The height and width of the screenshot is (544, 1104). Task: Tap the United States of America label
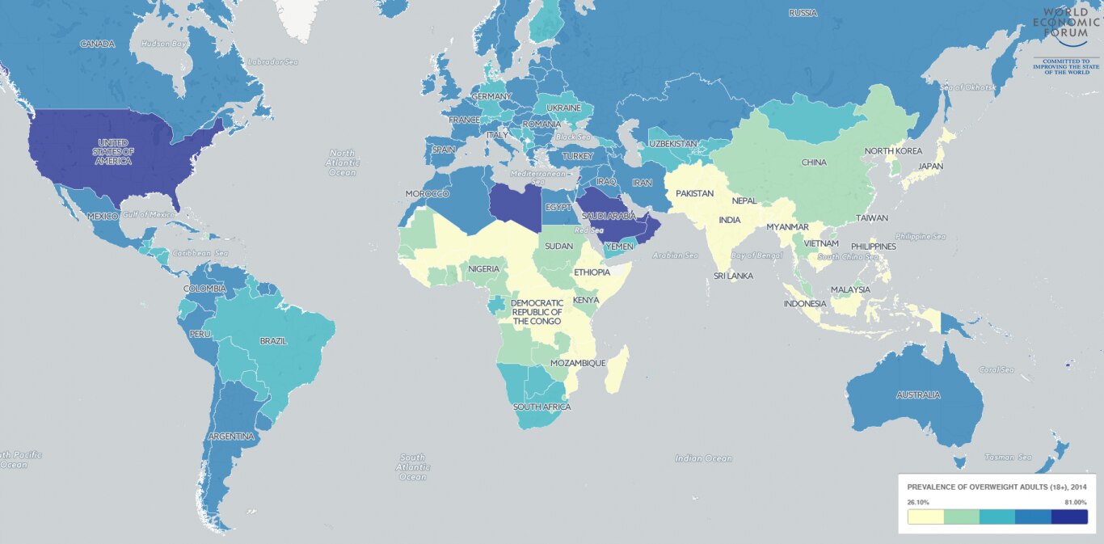coord(112,152)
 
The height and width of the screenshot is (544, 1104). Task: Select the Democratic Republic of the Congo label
coord(536,312)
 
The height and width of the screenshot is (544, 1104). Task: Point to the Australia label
coord(917,395)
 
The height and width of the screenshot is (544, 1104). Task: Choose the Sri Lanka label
coord(733,276)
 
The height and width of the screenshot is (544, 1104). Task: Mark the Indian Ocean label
coord(703,458)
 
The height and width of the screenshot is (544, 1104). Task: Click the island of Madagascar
coord(616,369)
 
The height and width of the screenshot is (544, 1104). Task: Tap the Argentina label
coord(231,436)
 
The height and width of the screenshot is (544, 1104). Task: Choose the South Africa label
coord(541,407)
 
